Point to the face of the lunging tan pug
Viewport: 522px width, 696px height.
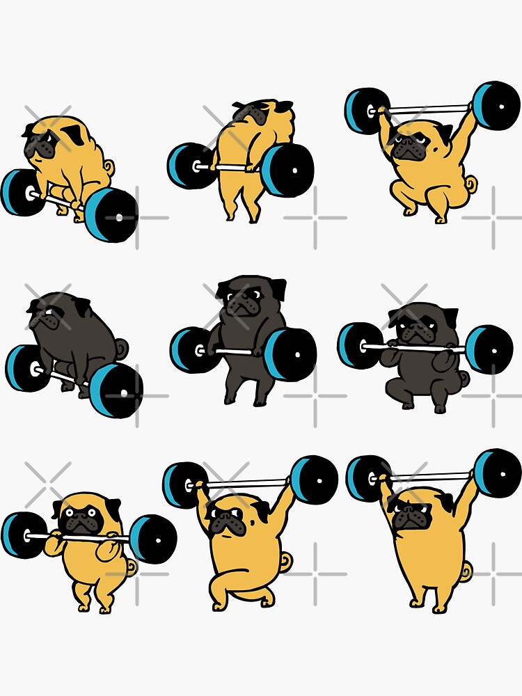coord(225,519)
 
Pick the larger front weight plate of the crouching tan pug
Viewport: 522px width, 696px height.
coord(111,214)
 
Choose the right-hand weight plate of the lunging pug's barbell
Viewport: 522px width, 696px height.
coord(315,480)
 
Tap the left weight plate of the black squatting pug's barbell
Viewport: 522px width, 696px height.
coord(360,346)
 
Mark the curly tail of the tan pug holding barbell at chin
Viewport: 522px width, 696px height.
coord(132,567)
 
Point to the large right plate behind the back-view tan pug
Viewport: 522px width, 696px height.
coord(287,171)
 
